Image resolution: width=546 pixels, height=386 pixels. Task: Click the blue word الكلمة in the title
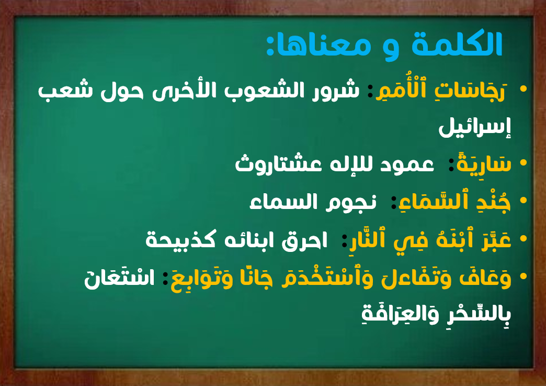pyautogui.click(x=457, y=44)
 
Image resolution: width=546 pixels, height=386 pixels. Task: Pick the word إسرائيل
pyautogui.click(x=475, y=127)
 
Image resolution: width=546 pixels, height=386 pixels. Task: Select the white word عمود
pyautogui.click(x=407, y=164)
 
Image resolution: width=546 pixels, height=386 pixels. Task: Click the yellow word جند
pyautogui.click(x=493, y=202)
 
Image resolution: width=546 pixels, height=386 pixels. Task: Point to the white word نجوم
pyautogui.click(x=351, y=202)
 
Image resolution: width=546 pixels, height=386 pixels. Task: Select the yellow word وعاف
pyautogui.click(x=485, y=278)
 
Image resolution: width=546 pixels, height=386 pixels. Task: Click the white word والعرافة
pyautogui.click(x=395, y=314)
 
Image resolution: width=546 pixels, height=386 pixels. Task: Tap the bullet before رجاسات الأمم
pyautogui.click(x=523, y=89)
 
